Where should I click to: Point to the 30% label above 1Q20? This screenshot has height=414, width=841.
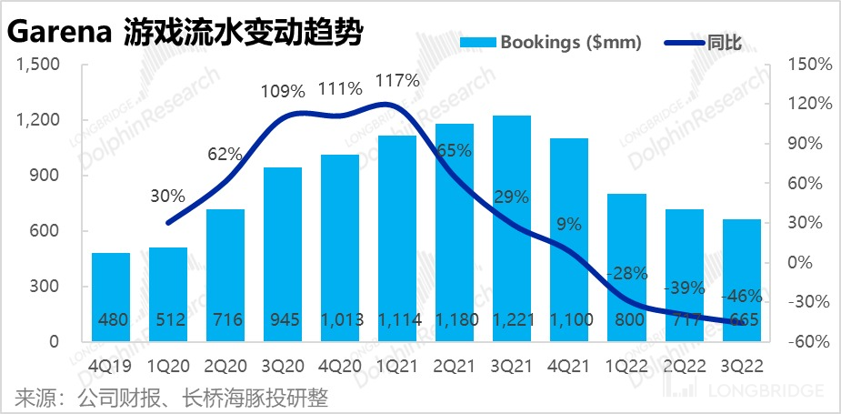pyautogui.click(x=167, y=196)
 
